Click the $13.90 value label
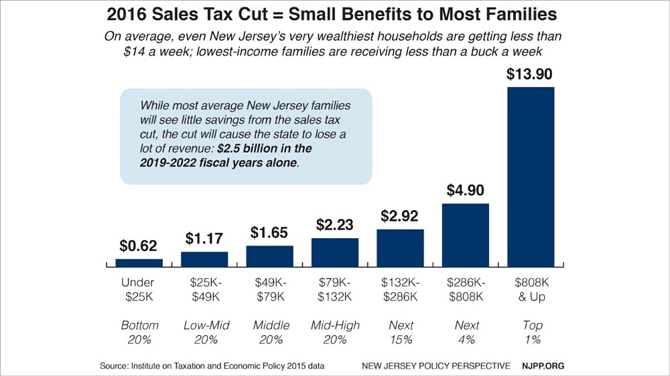pyautogui.click(x=531, y=74)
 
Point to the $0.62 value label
pyautogui.click(x=139, y=246)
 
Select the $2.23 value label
pyautogui.click(x=334, y=225)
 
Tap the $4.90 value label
pyautogui.click(x=466, y=191)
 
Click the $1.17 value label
pyautogui.click(x=204, y=239)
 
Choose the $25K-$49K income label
pyautogui.click(x=204, y=290)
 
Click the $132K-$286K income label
pyautogui.click(x=400, y=290)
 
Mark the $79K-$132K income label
pyautogui.click(x=335, y=290)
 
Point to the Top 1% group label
pyautogui.click(x=531, y=333)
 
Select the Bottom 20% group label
pyautogui.click(x=139, y=333)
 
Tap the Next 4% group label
pyautogui.click(x=466, y=333)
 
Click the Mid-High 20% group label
pyautogui.click(x=335, y=333)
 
